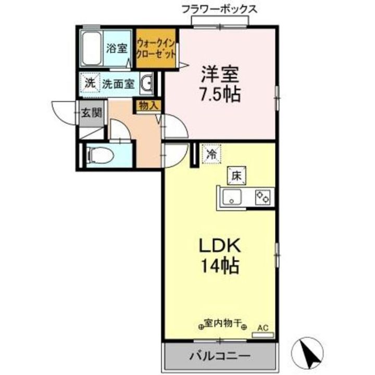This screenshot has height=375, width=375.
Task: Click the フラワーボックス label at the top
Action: tap(219, 9)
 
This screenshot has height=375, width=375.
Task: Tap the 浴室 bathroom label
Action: tap(117, 48)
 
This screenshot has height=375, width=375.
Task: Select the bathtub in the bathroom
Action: tap(93, 48)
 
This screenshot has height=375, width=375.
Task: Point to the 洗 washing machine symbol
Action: tap(90, 82)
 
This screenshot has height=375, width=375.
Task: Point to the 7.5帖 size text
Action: tap(220, 95)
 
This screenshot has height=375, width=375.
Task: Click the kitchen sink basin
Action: tap(232, 197)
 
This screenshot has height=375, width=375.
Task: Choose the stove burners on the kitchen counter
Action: tap(262, 197)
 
